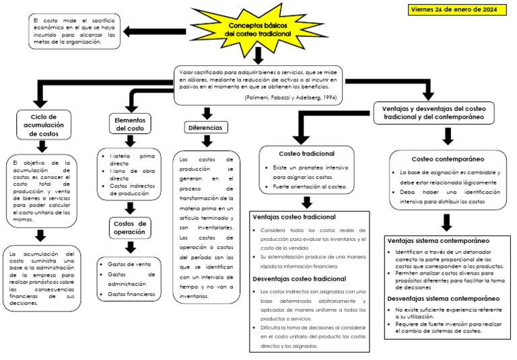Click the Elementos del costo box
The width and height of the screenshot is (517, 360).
[x=130, y=124]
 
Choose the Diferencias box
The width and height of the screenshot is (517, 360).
[x=205, y=127]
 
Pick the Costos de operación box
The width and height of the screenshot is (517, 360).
[x=130, y=227]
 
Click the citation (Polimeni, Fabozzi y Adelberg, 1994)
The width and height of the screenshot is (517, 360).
[x=291, y=98]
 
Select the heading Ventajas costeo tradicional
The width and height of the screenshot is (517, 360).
[x=294, y=217]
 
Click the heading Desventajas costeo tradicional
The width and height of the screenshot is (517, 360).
[x=299, y=279]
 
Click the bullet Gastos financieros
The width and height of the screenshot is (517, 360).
[x=131, y=294]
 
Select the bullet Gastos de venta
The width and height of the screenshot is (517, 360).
[x=129, y=264]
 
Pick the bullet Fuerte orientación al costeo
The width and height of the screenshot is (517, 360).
[x=310, y=186]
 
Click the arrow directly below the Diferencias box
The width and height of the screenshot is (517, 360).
[x=207, y=141]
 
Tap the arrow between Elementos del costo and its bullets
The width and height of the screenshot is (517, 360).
[x=130, y=141]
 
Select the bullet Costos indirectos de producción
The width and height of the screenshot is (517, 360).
[x=133, y=190]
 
